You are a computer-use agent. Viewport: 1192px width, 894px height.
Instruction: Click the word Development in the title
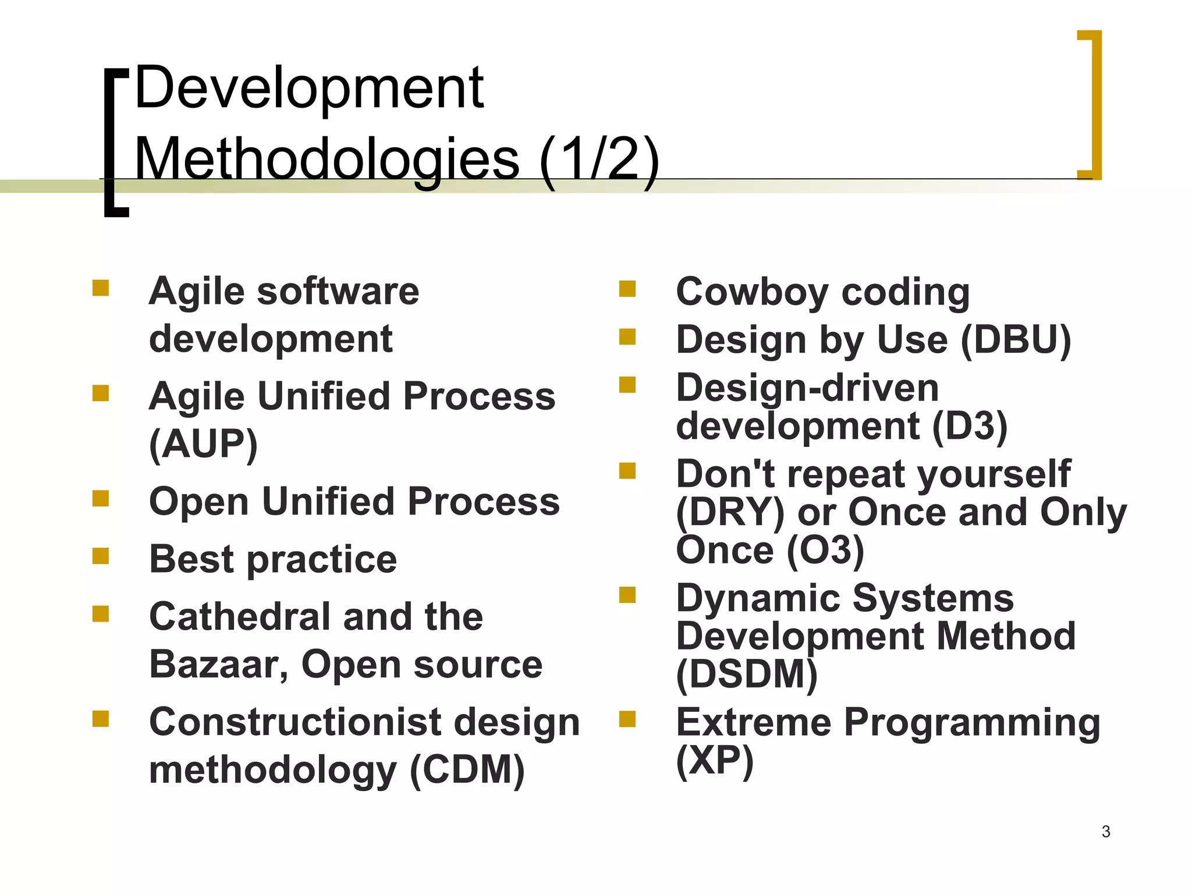point(308,88)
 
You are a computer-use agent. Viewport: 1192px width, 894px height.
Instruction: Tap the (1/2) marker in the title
point(599,159)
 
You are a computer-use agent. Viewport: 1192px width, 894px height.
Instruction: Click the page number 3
point(1106,832)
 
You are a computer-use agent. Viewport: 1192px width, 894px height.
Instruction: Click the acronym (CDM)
point(467,770)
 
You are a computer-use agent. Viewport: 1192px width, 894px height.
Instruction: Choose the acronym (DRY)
point(730,513)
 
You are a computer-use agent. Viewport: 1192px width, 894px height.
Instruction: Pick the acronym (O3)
point(825,550)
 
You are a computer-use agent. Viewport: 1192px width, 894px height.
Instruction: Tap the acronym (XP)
point(715,760)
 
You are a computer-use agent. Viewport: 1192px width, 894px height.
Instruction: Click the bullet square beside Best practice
point(101,556)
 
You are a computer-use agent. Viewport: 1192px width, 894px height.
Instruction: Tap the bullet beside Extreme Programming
point(627,719)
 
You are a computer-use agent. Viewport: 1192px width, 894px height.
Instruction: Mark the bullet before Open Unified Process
point(101,499)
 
